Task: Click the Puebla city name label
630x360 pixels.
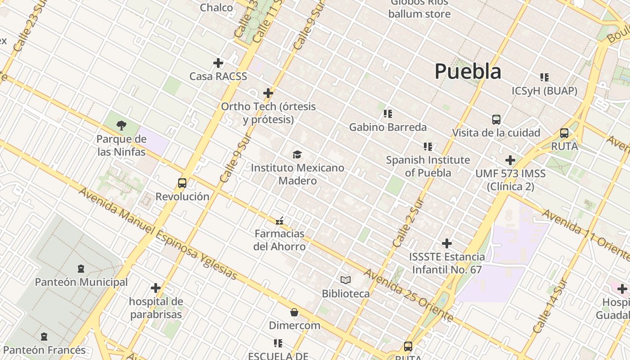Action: [x=468, y=72]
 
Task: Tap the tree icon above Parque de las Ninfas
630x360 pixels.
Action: [x=121, y=126]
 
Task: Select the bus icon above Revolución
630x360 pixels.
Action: [x=182, y=183]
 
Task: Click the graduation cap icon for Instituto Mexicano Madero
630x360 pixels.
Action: [x=297, y=155]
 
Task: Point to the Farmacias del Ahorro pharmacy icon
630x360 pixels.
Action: [x=279, y=220]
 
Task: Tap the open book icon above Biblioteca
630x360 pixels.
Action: [x=346, y=280]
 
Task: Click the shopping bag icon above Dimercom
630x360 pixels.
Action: [x=294, y=312]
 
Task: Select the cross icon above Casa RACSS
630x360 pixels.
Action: [x=218, y=63]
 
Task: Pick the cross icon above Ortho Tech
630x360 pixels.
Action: [x=268, y=93]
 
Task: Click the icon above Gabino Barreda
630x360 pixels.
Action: [x=388, y=114]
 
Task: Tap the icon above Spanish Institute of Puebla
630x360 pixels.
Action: [x=428, y=147]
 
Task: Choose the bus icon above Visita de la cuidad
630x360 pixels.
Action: [x=496, y=120]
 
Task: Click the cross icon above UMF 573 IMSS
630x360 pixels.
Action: [x=510, y=160]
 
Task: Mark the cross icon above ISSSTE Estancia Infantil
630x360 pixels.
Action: [x=447, y=243]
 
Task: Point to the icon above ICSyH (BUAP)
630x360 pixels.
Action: [x=544, y=77]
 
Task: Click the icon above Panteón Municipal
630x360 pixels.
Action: [x=81, y=269]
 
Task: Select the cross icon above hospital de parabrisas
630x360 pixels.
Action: [x=156, y=288]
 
